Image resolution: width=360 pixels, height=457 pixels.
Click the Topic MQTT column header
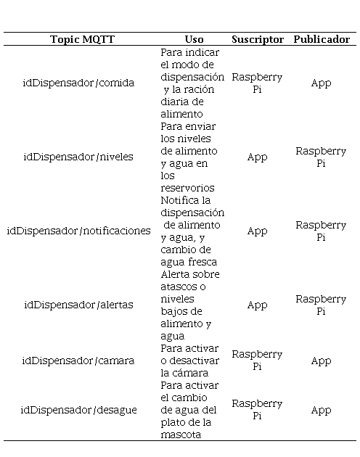pos(82,39)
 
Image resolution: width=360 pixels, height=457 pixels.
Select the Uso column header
pos(194,39)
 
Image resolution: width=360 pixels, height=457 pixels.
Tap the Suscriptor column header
pos(258,39)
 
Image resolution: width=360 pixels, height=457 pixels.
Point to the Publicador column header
pos(322,39)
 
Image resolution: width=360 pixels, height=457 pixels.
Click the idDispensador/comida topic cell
pos(78,83)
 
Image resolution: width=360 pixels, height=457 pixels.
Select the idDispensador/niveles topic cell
pos(78,157)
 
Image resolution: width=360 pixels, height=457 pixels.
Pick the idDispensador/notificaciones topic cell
pos(78,231)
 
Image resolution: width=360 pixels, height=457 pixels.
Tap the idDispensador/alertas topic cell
pos(78,305)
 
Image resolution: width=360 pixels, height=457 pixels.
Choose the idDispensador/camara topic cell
pos(78,361)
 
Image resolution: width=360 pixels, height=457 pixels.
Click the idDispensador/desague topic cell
pos(78,410)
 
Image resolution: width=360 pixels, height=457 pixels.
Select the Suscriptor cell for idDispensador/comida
pos(257,83)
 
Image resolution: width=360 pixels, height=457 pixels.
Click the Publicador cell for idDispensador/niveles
pos(321,157)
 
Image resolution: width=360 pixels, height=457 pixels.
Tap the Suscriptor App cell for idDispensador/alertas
pos(258,305)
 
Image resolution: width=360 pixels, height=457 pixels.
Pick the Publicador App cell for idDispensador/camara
pos(322,361)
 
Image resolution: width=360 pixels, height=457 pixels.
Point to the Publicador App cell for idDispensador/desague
pos(322,411)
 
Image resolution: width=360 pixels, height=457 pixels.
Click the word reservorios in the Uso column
pos(187,188)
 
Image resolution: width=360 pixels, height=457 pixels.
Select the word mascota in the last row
pos(181,435)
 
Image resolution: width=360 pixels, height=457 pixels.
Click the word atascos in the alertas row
pos(179,287)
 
